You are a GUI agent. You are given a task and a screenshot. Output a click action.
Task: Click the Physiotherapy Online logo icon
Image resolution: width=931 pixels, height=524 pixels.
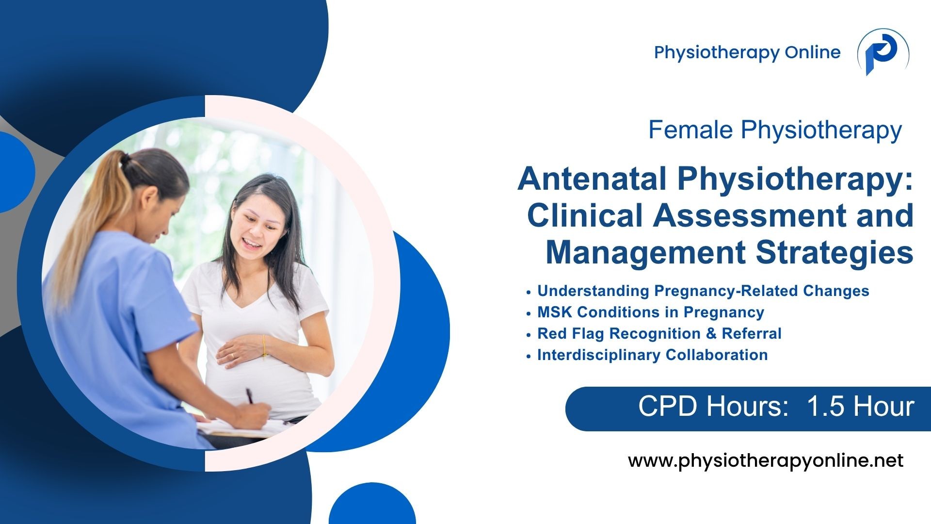pyautogui.click(x=883, y=52)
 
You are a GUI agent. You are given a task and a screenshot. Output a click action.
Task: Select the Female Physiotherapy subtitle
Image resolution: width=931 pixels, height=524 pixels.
pyautogui.click(x=775, y=130)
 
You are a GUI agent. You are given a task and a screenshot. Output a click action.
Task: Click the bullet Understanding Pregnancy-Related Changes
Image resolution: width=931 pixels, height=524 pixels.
pyautogui.click(x=703, y=291)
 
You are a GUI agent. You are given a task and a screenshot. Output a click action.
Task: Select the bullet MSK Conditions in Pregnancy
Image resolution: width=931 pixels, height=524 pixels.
pyautogui.click(x=651, y=312)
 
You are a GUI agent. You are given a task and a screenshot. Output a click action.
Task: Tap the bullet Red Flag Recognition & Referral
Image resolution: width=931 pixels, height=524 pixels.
pyautogui.click(x=659, y=334)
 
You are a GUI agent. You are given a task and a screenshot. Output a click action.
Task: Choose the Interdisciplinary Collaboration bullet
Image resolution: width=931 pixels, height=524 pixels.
pyautogui.click(x=652, y=355)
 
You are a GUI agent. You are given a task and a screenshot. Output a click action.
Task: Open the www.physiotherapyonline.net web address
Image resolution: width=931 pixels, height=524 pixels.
pyautogui.click(x=766, y=461)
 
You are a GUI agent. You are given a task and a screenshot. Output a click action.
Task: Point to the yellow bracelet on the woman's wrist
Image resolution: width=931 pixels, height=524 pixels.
pyautogui.click(x=264, y=347)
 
